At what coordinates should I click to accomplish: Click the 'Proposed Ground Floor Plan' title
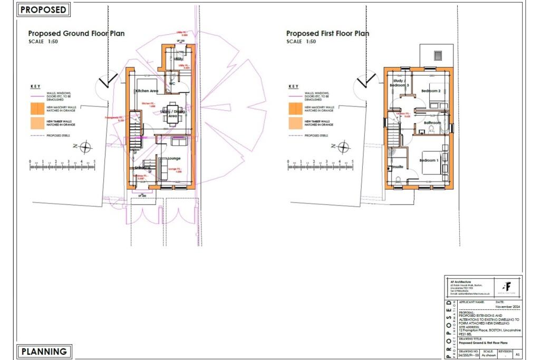click(76, 34)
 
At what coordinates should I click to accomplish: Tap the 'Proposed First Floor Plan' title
click(327, 34)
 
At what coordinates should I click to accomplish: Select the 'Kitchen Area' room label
click(147, 91)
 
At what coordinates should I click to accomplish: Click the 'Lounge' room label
click(174, 158)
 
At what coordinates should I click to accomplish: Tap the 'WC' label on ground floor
click(172, 84)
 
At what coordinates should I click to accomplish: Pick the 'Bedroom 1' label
click(429, 160)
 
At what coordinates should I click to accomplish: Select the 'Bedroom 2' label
click(431, 91)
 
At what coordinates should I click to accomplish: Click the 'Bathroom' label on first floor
click(432, 122)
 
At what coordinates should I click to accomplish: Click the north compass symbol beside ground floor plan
click(85, 146)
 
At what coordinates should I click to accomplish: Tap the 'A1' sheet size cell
click(517, 356)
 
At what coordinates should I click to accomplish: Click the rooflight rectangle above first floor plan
click(437, 55)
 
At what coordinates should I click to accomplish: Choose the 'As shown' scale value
click(489, 356)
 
